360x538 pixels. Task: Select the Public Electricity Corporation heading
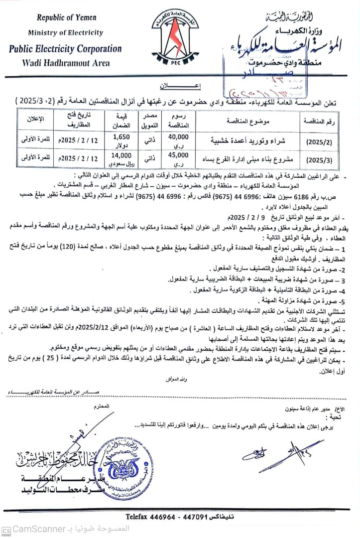(x=65, y=49)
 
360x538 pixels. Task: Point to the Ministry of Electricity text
(x=65, y=33)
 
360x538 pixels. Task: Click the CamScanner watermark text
(x=40, y=528)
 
